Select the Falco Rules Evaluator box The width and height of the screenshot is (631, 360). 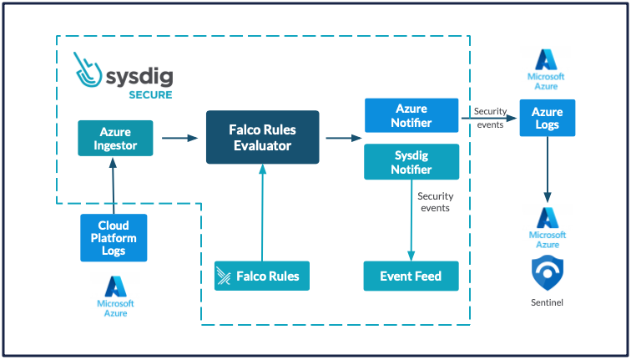(x=263, y=137)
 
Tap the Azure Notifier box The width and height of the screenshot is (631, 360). (x=411, y=115)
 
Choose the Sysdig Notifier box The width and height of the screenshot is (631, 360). (x=411, y=162)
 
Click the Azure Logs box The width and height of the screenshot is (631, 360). (x=548, y=118)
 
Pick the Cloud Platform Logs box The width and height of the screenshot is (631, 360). (x=114, y=237)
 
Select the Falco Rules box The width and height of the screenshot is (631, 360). (x=262, y=276)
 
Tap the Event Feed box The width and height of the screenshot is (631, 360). (x=411, y=276)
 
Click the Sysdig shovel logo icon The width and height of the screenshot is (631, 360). (x=89, y=71)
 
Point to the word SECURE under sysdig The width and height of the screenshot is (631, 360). (x=150, y=94)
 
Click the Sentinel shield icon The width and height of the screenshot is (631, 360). (x=547, y=273)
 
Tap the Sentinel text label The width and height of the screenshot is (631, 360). (x=547, y=302)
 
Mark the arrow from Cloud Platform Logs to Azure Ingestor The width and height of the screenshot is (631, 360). (x=114, y=187)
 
